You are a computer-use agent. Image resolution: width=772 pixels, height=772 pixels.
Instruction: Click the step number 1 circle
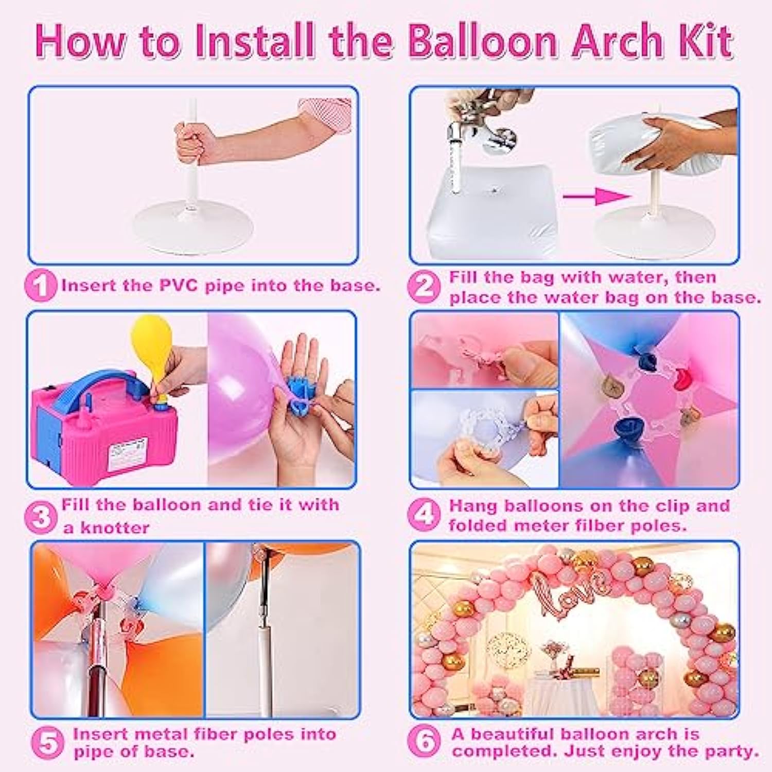pos(40,286)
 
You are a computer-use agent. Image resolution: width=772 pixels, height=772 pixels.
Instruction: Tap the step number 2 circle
pos(424,286)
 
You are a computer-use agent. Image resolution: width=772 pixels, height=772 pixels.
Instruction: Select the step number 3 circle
pos(40,517)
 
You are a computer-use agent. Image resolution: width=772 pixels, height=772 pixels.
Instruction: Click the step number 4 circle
pos(424,515)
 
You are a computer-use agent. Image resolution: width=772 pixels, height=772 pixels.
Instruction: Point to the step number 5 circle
pos(47,743)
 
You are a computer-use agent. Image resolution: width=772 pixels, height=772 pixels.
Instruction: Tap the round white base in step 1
pos(194,226)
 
